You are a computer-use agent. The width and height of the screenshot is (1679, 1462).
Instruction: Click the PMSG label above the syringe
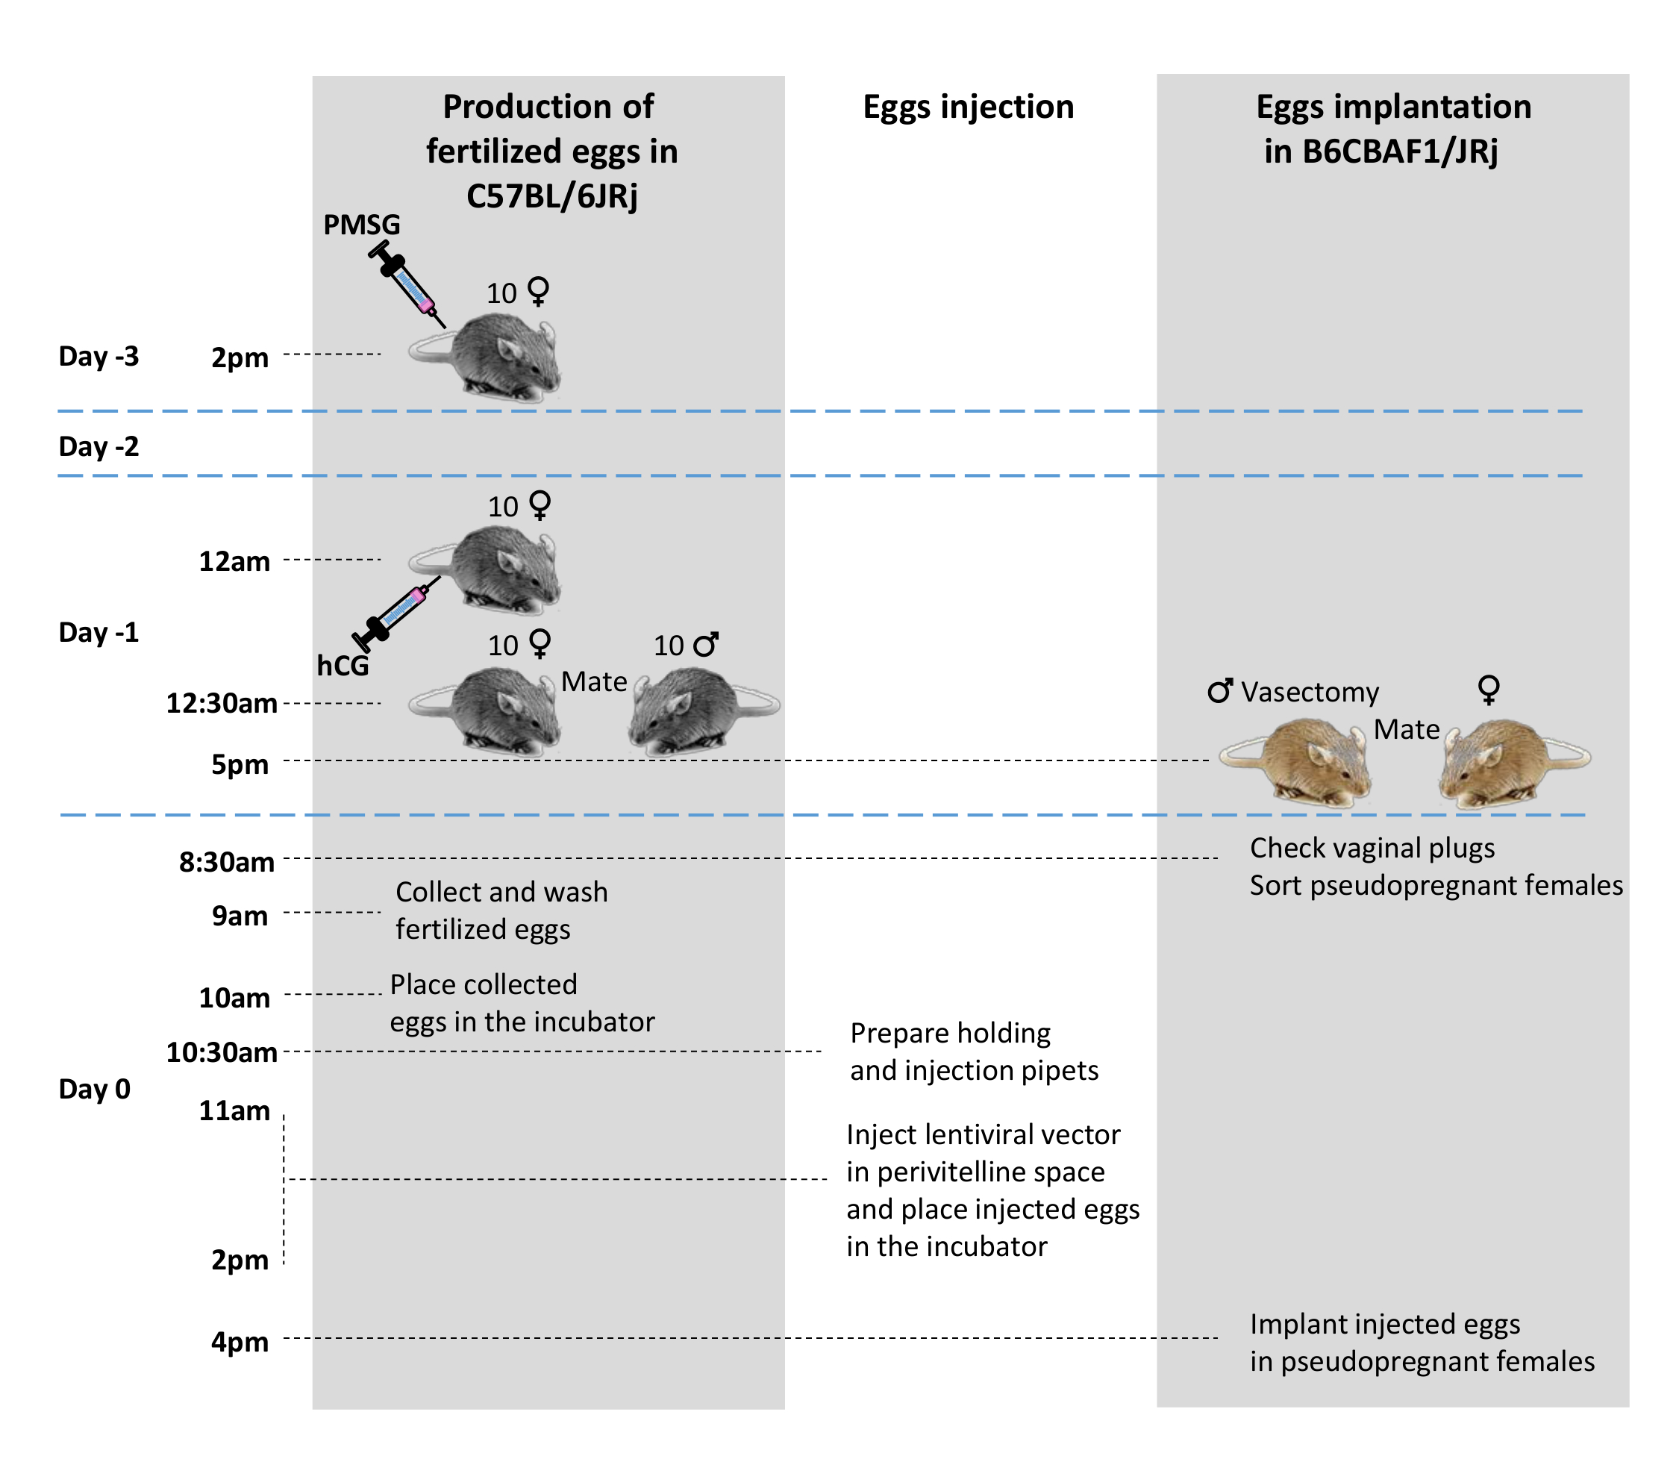[x=361, y=225]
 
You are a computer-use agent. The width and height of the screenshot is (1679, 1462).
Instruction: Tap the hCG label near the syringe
[x=343, y=666]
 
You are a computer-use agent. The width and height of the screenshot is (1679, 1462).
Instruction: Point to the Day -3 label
[x=99, y=357]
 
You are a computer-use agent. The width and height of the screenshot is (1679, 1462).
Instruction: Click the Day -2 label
[x=99, y=446]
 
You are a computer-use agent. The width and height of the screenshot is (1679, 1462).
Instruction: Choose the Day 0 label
[x=95, y=1089]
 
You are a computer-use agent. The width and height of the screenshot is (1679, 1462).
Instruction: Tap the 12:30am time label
[x=222, y=703]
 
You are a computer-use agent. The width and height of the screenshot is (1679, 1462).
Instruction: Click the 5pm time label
[x=240, y=764]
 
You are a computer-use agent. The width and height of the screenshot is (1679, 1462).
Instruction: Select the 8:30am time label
[x=227, y=863]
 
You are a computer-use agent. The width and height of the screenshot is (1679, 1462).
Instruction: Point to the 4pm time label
[x=240, y=1342]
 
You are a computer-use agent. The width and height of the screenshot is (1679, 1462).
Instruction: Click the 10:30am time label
[x=222, y=1052]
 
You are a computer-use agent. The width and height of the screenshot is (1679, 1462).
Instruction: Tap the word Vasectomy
[x=1310, y=692]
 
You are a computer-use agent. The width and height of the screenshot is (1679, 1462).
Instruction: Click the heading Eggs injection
[x=969, y=107]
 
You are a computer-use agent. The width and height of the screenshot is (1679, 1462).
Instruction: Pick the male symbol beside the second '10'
[x=706, y=645]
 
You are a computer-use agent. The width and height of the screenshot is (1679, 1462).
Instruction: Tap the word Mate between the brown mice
[x=1407, y=728]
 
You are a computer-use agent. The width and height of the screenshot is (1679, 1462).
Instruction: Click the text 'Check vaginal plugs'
[x=1372, y=848]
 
